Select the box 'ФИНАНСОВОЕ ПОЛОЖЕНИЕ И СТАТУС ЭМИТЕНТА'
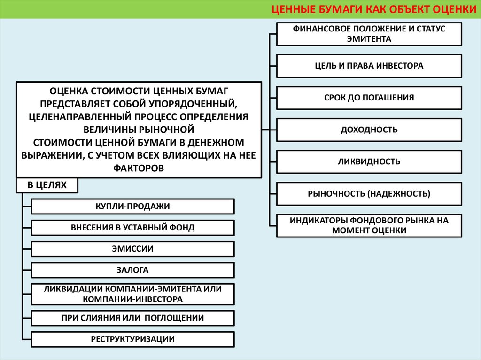(x=369, y=34)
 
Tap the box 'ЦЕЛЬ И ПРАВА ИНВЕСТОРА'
(x=369, y=66)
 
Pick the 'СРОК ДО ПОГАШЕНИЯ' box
(x=369, y=98)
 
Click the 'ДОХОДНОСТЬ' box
(x=369, y=130)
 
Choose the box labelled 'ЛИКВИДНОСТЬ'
(x=369, y=161)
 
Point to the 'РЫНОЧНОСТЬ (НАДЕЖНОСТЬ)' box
(x=369, y=193)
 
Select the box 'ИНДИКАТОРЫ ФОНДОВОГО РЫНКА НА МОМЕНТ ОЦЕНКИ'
(x=369, y=225)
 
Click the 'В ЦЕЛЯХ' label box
(x=47, y=185)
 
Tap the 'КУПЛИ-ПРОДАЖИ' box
(x=133, y=207)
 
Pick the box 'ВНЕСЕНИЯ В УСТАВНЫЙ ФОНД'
(x=133, y=228)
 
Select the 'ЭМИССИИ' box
(x=133, y=249)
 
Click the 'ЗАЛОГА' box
(x=133, y=270)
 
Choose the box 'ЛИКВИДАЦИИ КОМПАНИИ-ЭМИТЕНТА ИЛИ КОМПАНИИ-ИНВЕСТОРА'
(x=133, y=293)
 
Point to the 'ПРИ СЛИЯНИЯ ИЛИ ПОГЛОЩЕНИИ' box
(x=133, y=318)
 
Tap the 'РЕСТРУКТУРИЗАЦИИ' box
(x=133, y=339)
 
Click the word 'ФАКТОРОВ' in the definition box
(x=139, y=168)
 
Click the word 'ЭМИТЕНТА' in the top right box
(x=369, y=39)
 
